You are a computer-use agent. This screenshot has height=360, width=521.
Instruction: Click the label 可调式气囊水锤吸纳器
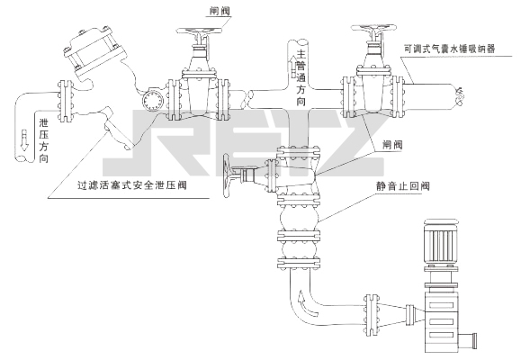[450, 49]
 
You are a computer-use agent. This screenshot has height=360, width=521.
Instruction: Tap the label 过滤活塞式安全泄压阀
[132, 185]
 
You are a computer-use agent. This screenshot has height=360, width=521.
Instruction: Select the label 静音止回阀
[403, 185]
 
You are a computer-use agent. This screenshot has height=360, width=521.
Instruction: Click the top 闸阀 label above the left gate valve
[220, 11]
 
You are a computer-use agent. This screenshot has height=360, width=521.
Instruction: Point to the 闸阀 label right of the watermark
[392, 145]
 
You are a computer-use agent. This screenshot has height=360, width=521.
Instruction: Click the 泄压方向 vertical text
[44, 140]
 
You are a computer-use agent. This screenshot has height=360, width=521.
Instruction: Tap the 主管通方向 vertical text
[301, 77]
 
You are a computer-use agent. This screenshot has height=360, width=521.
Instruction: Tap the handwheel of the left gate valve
[199, 31]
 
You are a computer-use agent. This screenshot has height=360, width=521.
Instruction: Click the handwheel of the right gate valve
[373, 28]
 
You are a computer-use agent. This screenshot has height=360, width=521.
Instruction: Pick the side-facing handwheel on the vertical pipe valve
[227, 176]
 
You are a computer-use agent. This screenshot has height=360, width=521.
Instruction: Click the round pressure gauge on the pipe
[152, 99]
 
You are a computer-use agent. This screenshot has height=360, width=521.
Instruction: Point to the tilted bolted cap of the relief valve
[94, 51]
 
